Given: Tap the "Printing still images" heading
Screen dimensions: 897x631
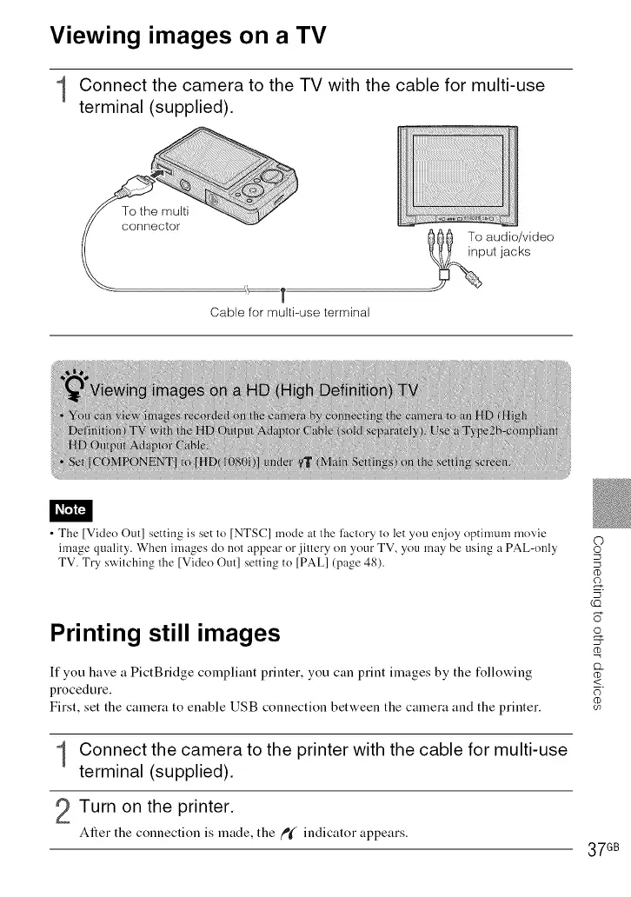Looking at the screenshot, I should click(165, 632).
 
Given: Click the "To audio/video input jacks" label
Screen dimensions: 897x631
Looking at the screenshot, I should click(510, 243).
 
